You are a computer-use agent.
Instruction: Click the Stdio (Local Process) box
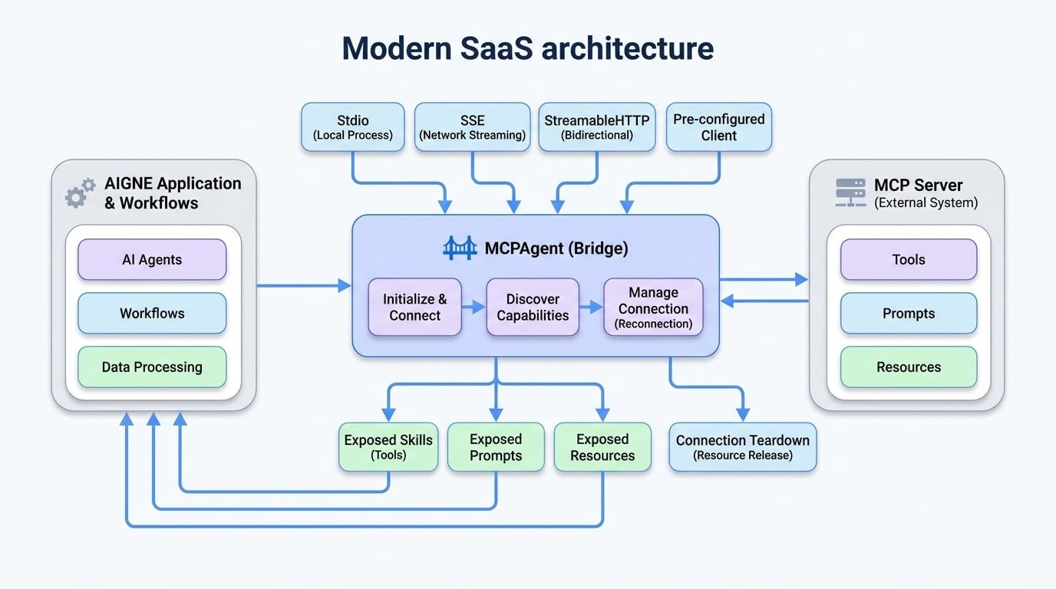pyautogui.click(x=352, y=127)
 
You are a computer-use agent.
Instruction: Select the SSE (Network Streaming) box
pyautogui.click(x=472, y=127)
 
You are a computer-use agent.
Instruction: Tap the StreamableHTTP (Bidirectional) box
pyautogui.click(x=596, y=127)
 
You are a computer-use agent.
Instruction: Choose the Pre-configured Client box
pyautogui.click(x=718, y=127)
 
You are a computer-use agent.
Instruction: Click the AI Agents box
pyautogui.click(x=152, y=260)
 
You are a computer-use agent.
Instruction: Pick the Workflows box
pyautogui.click(x=152, y=313)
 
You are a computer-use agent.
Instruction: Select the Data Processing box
pyautogui.click(x=152, y=367)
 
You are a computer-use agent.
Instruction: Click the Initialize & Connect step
pyautogui.click(x=414, y=307)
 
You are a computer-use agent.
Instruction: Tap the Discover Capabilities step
pyautogui.click(x=533, y=307)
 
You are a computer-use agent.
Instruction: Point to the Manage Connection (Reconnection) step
pyautogui.click(x=653, y=307)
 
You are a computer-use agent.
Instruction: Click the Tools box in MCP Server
pyautogui.click(x=909, y=260)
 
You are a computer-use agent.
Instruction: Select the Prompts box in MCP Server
pyautogui.click(x=909, y=313)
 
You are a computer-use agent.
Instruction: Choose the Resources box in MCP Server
pyautogui.click(x=909, y=367)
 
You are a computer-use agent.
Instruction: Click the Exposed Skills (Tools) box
pyautogui.click(x=388, y=447)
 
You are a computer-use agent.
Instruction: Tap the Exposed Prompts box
pyautogui.click(x=496, y=447)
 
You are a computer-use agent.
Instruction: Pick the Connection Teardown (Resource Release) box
pyautogui.click(x=742, y=447)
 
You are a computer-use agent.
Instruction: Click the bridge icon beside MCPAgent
pyautogui.click(x=460, y=248)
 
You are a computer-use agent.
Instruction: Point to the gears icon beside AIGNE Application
pyautogui.click(x=80, y=193)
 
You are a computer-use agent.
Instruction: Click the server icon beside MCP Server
pyautogui.click(x=850, y=193)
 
